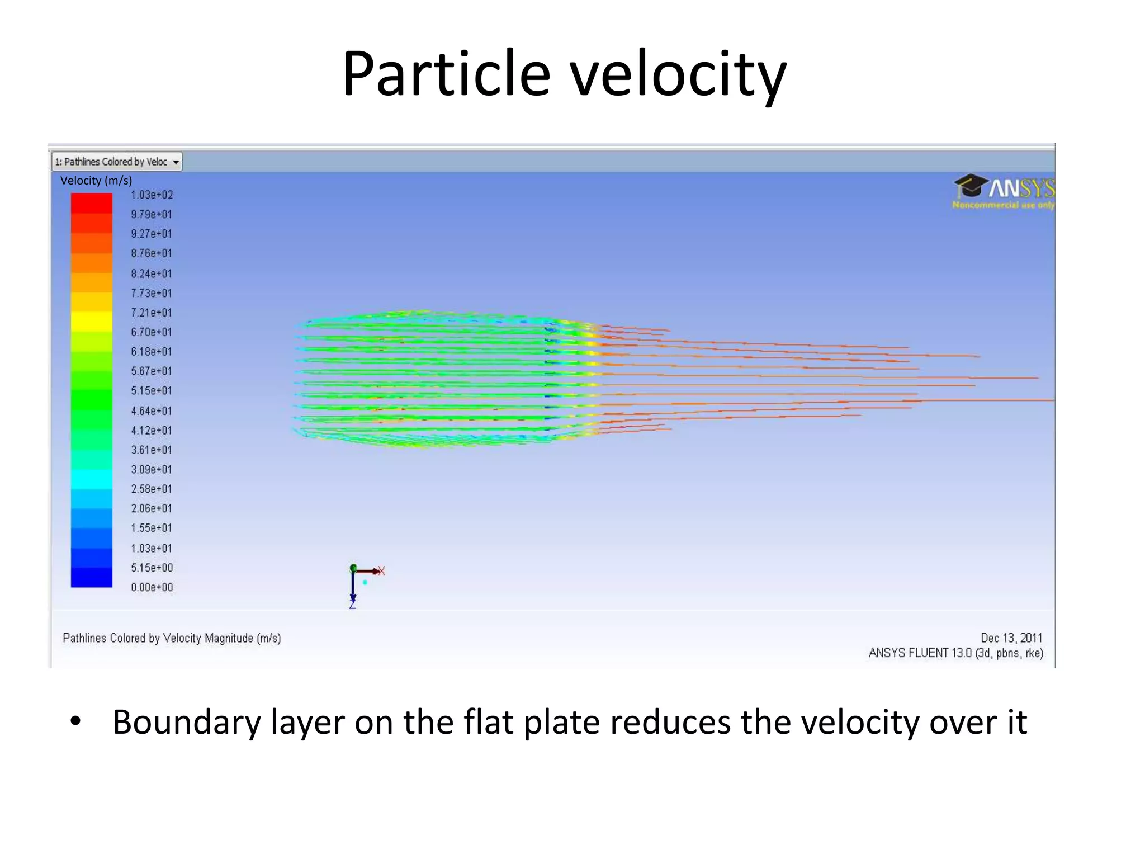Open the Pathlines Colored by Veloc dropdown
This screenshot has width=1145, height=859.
pos(176,162)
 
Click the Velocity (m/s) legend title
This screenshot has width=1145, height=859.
pos(96,181)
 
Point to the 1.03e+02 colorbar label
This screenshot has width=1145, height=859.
pos(152,195)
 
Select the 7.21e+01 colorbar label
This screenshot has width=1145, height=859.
pos(152,313)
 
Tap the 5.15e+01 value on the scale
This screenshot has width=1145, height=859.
pos(152,391)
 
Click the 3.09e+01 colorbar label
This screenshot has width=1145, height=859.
pos(152,469)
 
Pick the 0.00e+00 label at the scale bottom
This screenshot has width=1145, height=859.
pos(152,587)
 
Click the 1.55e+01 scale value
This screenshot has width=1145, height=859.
pos(152,528)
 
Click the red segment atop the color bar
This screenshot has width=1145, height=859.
pos(91,203)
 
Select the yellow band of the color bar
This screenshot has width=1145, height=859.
pos(91,322)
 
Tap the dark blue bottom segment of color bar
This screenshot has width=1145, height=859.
pos(91,578)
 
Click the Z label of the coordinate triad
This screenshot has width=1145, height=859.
pos(352,605)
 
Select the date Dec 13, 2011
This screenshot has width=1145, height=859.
pos(1011,638)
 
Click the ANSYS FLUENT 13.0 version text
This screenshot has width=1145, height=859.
pos(955,653)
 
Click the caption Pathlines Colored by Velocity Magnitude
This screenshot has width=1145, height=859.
pos(172,638)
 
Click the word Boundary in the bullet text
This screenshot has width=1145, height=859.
pos(186,723)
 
